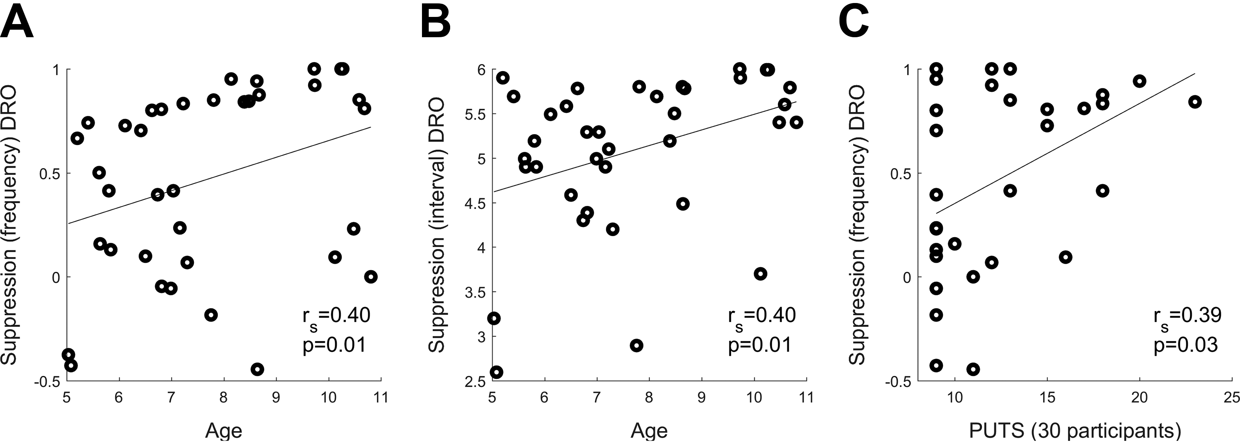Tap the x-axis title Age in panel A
[224, 430]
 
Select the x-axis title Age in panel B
[649, 430]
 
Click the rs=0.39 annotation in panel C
[1187, 317]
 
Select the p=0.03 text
[1186, 345]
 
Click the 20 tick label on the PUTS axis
[1139, 397]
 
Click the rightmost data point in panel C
[1195, 101]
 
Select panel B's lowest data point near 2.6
[497, 372]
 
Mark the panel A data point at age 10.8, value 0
[370, 276]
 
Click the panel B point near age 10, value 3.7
[760, 274]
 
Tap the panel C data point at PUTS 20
[1139, 81]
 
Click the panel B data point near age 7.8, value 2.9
[637, 345]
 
